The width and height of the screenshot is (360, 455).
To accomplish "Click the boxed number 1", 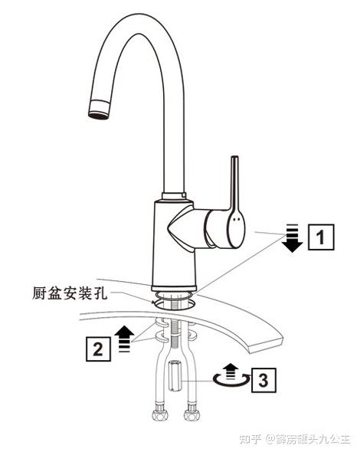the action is click(x=320, y=237).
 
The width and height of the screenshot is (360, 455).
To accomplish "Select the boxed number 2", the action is click(x=98, y=349).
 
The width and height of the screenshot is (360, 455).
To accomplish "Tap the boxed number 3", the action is click(x=263, y=380).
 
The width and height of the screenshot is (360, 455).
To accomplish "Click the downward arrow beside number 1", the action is click(x=293, y=238).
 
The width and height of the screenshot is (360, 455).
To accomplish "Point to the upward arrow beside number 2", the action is click(x=124, y=339).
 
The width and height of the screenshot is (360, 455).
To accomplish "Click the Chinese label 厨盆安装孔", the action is click(x=70, y=293).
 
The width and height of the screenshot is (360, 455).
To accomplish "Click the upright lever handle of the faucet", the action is click(x=234, y=185).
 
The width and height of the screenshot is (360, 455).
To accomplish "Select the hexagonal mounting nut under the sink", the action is click(x=175, y=375).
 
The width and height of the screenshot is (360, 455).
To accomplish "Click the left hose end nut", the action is click(x=158, y=415).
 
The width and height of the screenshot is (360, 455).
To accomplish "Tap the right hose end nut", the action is click(x=191, y=415).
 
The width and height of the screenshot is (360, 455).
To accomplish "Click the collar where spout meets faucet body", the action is click(x=174, y=196).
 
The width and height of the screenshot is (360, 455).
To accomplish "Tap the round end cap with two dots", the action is click(x=236, y=229).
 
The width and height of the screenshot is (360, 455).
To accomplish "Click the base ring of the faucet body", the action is click(x=174, y=288).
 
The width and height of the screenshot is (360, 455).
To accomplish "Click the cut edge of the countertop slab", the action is click(x=266, y=345).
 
